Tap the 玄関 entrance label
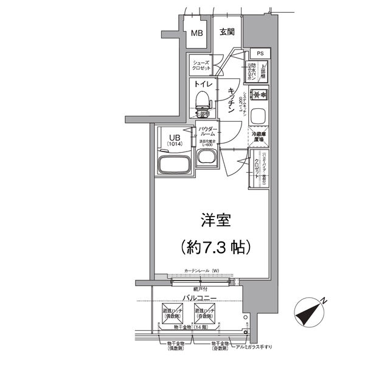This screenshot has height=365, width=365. tap(227, 32)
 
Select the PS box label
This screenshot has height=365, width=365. tap(260, 54)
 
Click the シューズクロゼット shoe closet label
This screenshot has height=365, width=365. tap(201, 66)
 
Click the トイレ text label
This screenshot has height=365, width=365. tap(203, 85)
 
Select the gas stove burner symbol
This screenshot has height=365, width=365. tap(260, 94)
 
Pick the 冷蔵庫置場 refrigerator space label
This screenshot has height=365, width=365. tap(259, 137)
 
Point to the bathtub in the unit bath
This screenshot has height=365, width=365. tap(173, 164)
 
